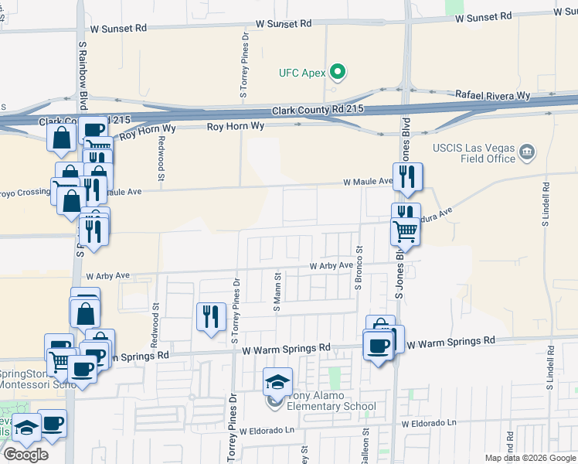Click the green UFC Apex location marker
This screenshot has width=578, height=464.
tap(337, 73)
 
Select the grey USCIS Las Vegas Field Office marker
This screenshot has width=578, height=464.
tap(528, 151)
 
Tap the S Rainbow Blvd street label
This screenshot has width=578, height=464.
tap(81, 77)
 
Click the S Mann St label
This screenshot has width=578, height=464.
tap(276, 292)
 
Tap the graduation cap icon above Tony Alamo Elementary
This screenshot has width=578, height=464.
tap(278, 381)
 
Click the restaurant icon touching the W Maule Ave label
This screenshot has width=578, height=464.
tap(407, 177)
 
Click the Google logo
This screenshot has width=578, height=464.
tap(25, 455)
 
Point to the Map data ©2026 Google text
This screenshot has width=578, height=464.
tap(529, 458)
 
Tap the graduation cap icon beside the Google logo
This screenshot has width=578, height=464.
tap(26, 428)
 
